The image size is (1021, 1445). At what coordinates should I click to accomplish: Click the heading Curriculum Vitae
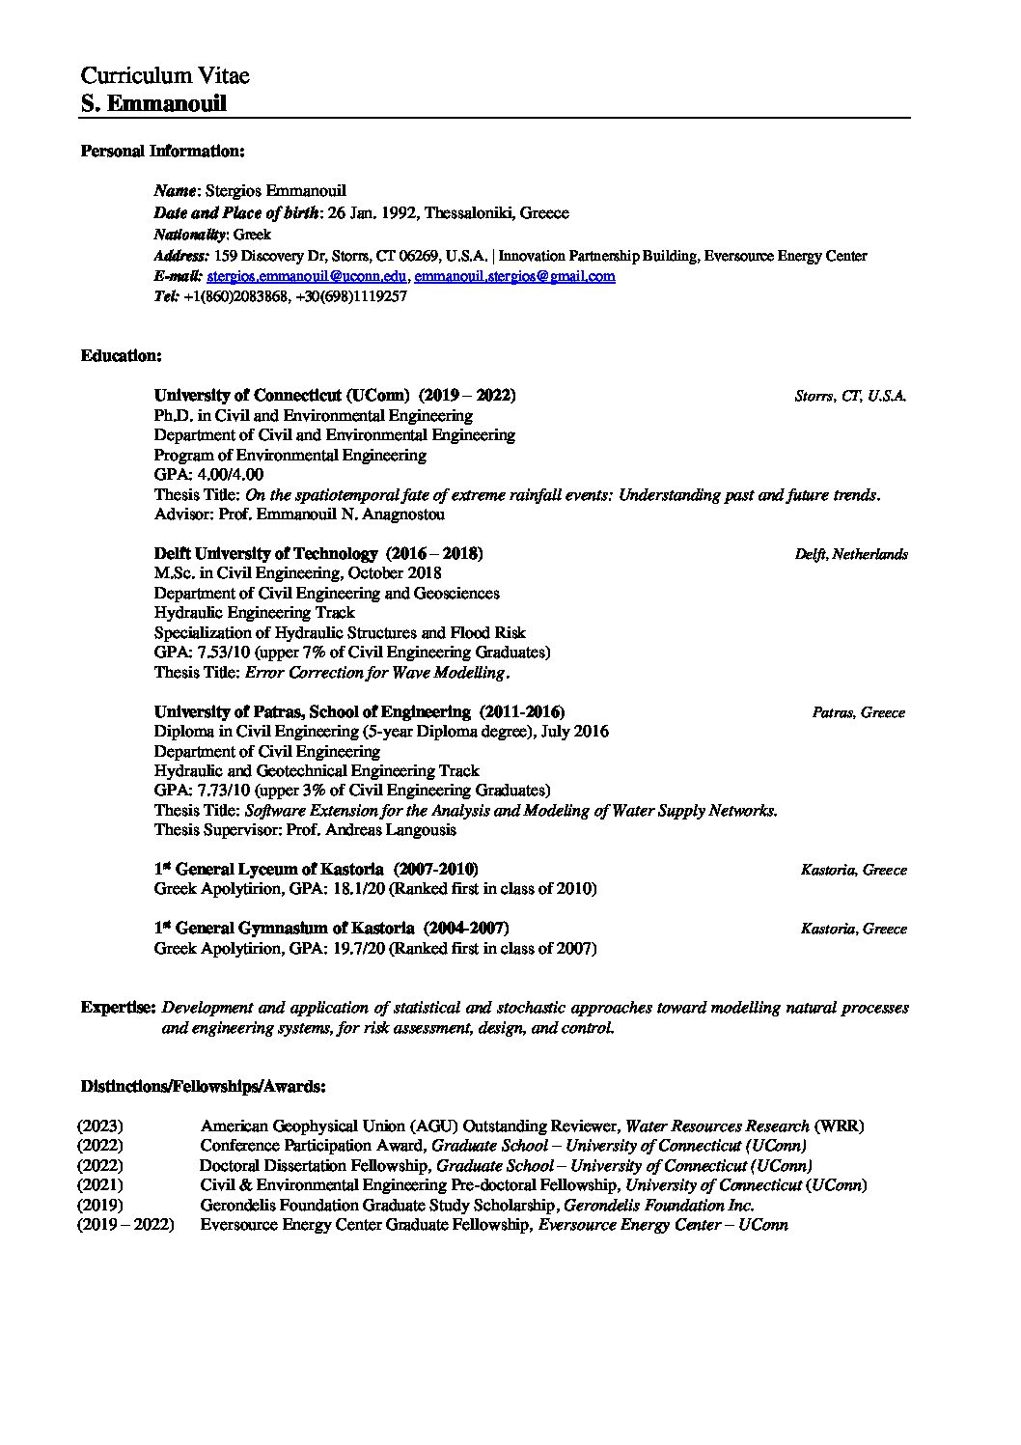(x=165, y=76)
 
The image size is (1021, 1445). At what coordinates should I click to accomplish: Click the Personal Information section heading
(x=162, y=151)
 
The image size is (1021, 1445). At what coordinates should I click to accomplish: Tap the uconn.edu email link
(x=308, y=277)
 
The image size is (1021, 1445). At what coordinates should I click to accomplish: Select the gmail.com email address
(x=514, y=277)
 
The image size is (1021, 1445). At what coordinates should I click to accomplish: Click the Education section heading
(x=121, y=355)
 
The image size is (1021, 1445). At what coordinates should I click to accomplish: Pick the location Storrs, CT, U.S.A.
(x=850, y=397)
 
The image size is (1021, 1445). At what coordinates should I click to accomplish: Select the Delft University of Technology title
(x=265, y=554)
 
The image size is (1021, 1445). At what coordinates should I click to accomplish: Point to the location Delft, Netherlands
(x=850, y=555)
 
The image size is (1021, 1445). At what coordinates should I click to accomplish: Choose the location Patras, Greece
(x=858, y=713)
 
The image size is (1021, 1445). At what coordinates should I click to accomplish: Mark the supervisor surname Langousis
(x=418, y=830)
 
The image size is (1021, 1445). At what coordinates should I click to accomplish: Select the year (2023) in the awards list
(x=100, y=1126)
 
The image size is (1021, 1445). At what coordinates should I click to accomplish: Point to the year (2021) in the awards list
(x=100, y=1185)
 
